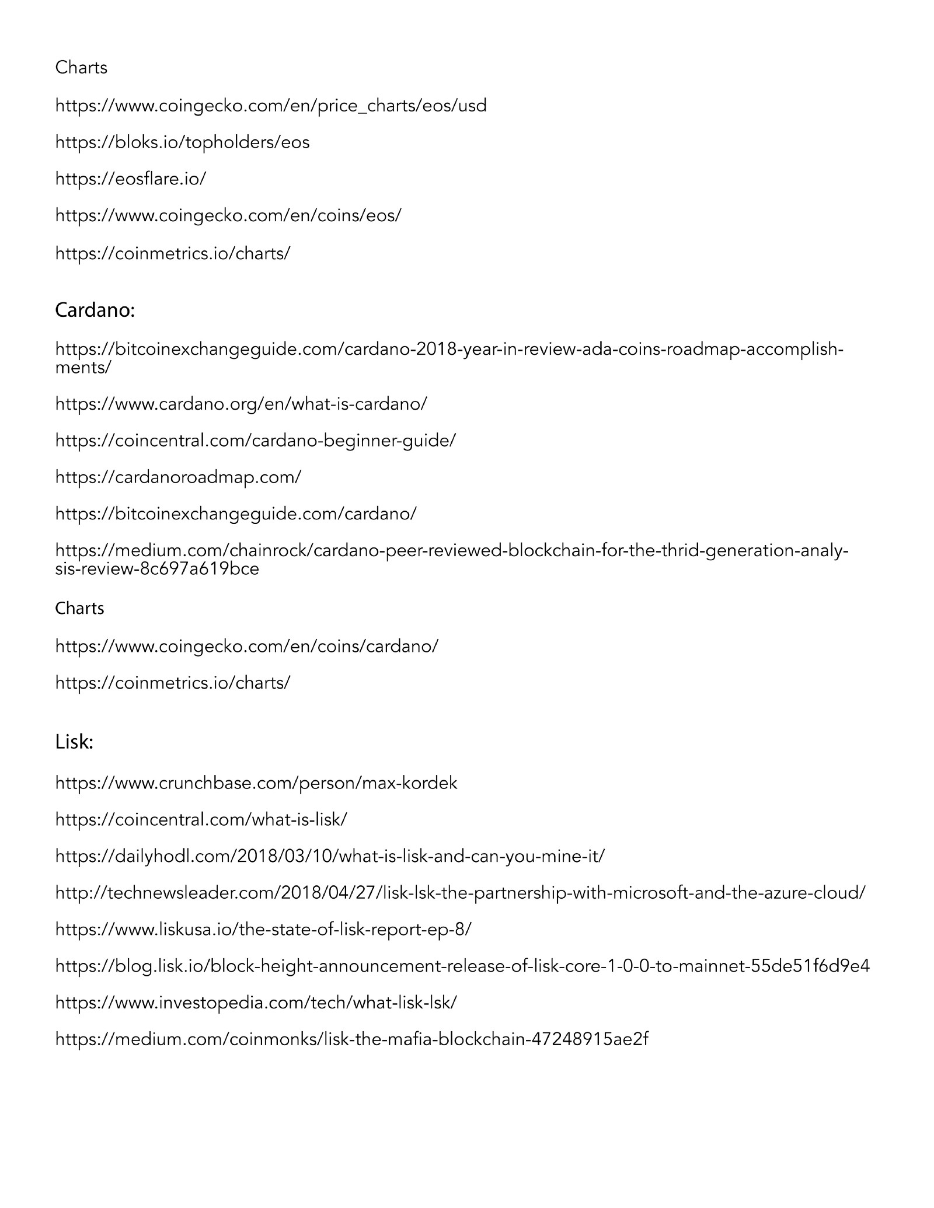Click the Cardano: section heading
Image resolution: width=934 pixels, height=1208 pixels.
(95, 310)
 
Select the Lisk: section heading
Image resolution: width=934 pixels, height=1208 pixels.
(74, 742)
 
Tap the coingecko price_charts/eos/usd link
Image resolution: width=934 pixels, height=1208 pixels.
(271, 106)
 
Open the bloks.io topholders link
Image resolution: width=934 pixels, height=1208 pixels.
(182, 142)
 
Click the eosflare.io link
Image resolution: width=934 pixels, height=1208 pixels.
(130, 179)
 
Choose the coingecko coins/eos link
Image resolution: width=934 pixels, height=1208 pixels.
(228, 216)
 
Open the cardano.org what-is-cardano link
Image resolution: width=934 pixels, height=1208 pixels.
(241, 404)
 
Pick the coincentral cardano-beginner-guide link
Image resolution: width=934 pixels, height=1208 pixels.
(255, 441)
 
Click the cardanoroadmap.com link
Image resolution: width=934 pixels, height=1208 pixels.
(178, 477)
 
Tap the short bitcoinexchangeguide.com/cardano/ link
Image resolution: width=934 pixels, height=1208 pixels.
(236, 514)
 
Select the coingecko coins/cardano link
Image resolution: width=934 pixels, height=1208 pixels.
(246, 647)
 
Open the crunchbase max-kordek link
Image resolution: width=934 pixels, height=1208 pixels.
(256, 783)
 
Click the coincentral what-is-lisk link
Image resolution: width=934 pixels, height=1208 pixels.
(201, 820)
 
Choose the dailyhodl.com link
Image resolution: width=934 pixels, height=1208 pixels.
(330, 857)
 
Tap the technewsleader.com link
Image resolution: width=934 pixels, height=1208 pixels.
(460, 893)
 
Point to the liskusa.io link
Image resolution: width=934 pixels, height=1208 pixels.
(263, 930)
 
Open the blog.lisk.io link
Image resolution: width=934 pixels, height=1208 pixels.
(462, 966)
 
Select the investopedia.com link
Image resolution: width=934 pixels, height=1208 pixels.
(256, 1003)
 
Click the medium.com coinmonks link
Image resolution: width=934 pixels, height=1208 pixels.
(351, 1039)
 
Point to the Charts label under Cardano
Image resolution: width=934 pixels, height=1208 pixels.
(79, 609)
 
